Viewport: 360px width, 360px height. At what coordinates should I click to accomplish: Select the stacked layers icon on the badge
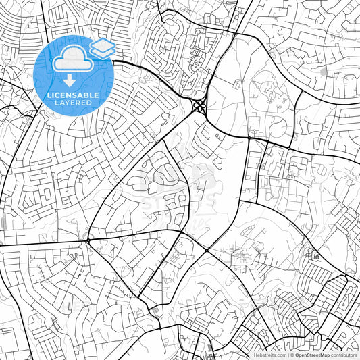tap(102, 47)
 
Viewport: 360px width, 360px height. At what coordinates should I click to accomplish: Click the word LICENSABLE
tap(72, 95)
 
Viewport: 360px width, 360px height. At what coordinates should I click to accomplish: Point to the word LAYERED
tap(72, 103)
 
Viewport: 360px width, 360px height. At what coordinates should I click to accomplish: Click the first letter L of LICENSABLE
tap(47, 95)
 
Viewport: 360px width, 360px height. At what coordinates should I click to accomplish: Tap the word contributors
tap(344, 354)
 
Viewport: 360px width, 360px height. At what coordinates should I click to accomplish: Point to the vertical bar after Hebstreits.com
tap(287, 354)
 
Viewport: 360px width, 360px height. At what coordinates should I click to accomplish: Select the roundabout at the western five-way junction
tap(88, 239)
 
